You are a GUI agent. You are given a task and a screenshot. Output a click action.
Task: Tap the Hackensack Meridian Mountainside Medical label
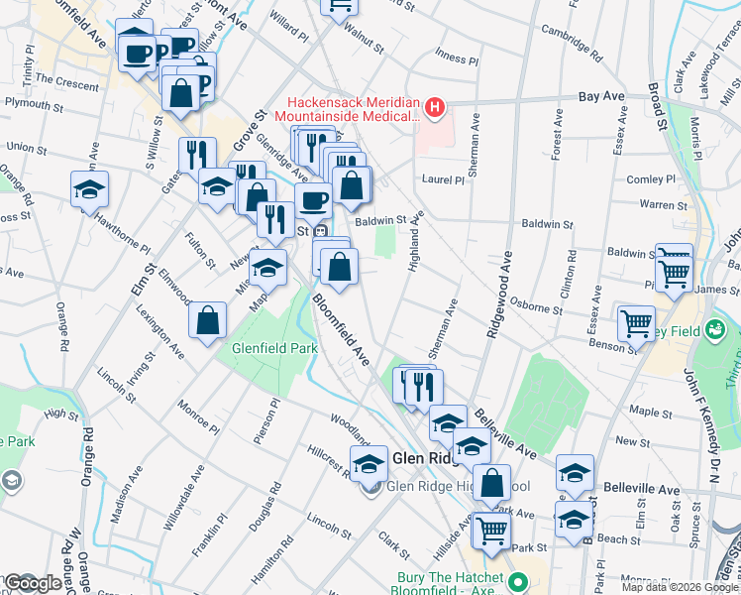352,109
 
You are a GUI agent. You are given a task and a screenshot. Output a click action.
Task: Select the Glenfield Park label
274,349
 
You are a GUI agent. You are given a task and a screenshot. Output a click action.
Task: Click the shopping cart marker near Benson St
635,322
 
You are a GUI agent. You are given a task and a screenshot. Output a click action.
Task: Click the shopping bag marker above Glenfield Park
208,320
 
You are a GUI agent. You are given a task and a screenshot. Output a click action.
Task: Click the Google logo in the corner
33,582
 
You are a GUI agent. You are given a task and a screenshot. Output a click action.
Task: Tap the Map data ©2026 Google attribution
665,586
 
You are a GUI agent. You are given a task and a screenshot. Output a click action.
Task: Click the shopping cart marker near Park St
490,531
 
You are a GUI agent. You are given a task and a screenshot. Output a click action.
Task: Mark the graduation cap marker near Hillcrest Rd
369,462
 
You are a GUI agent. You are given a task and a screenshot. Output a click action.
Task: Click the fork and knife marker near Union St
196,155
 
